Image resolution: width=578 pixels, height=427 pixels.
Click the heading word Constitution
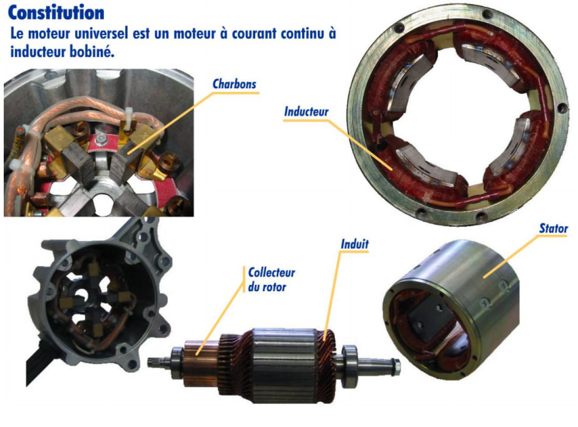click(x=56, y=13)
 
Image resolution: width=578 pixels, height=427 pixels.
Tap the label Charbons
click(x=234, y=84)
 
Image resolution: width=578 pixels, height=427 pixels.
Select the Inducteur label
click(x=306, y=112)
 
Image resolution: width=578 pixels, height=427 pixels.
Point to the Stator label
click(x=553, y=228)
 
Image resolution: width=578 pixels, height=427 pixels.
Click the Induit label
click(x=355, y=244)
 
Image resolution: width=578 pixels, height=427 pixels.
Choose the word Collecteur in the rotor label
click(x=272, y=273)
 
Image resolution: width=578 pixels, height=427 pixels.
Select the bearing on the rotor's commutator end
click(x=177, y=363)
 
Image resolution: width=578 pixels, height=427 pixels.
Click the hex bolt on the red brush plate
click(x=99, y=140)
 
